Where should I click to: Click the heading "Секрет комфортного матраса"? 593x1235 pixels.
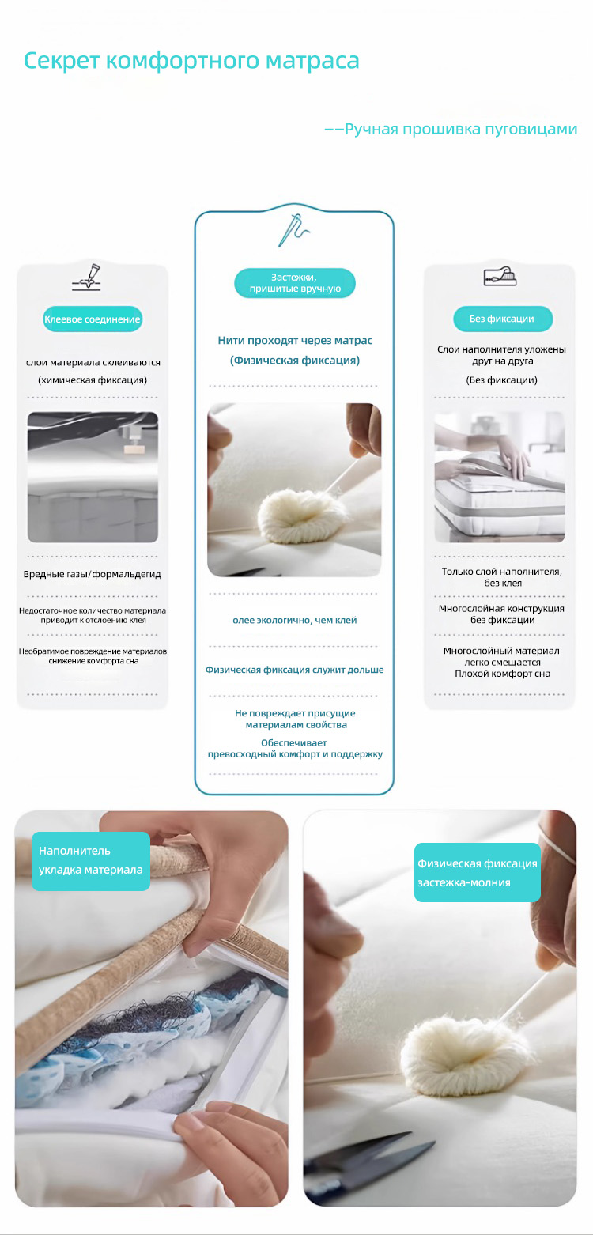[x=191, y=61]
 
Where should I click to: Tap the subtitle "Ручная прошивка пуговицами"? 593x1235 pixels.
[x=461, y=129]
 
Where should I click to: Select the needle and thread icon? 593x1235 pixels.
[x=294, y=230]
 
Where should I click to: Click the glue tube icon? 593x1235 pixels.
[x=87, y=277]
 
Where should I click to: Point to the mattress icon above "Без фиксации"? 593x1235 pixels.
[x=500, y=277]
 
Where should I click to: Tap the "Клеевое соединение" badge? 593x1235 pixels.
[x=93, y=319]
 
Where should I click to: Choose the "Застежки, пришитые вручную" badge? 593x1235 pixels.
[x=295, y=283]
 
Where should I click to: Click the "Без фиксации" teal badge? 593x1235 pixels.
[x=503, y=319]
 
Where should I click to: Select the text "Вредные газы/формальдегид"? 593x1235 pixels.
[x=92, y=574]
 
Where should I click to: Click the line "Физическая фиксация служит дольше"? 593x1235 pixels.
[x=294, y=670]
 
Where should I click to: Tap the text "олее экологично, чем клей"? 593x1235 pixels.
[x=294, y=620]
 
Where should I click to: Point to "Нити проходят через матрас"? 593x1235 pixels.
[x=295, y=340]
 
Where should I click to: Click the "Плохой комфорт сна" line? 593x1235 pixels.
[x=502, y=674]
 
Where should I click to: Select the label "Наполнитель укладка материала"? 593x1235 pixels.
[x=91, y=860]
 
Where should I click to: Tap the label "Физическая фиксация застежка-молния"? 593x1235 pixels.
[x=478, y=873]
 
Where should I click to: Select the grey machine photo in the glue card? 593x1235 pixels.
[x=93, y=477]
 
